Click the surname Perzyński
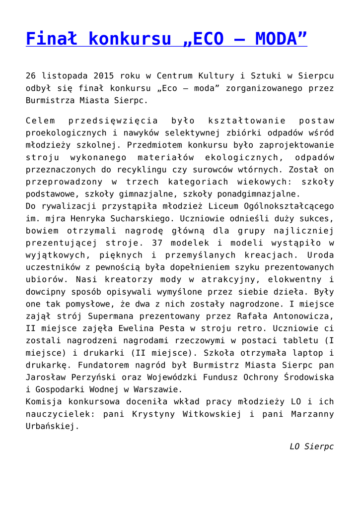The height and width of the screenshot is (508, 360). [80, 377]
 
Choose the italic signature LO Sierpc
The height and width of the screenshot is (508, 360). [312, 446]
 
